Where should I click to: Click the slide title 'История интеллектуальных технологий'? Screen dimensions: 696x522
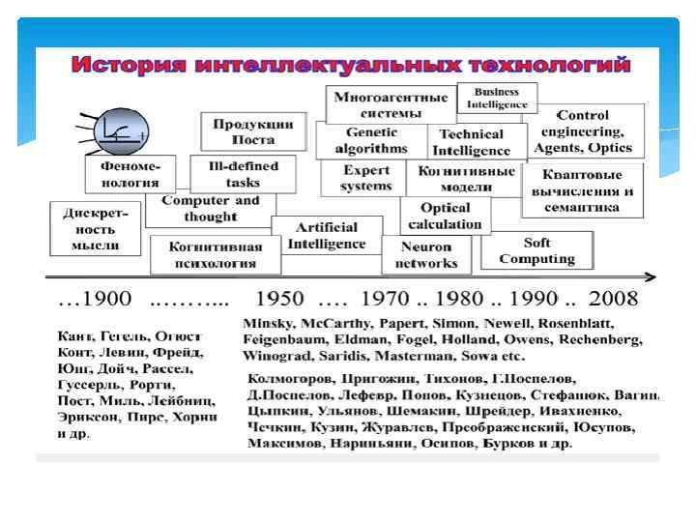point(352,66)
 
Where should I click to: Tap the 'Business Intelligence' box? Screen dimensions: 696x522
point(498,98)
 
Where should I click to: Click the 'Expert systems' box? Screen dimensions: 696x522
point(367,178)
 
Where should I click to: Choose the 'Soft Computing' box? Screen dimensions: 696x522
point(536,251)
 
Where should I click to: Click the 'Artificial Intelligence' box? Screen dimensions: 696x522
point(326,235)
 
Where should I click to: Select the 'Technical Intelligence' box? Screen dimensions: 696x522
point(471,142)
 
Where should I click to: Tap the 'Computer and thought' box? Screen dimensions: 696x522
point(210,209)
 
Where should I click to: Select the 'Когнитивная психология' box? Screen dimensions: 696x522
point(216,254)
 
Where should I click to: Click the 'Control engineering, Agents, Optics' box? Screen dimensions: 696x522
point(587,131)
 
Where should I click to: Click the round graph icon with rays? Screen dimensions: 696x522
point(119,130)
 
